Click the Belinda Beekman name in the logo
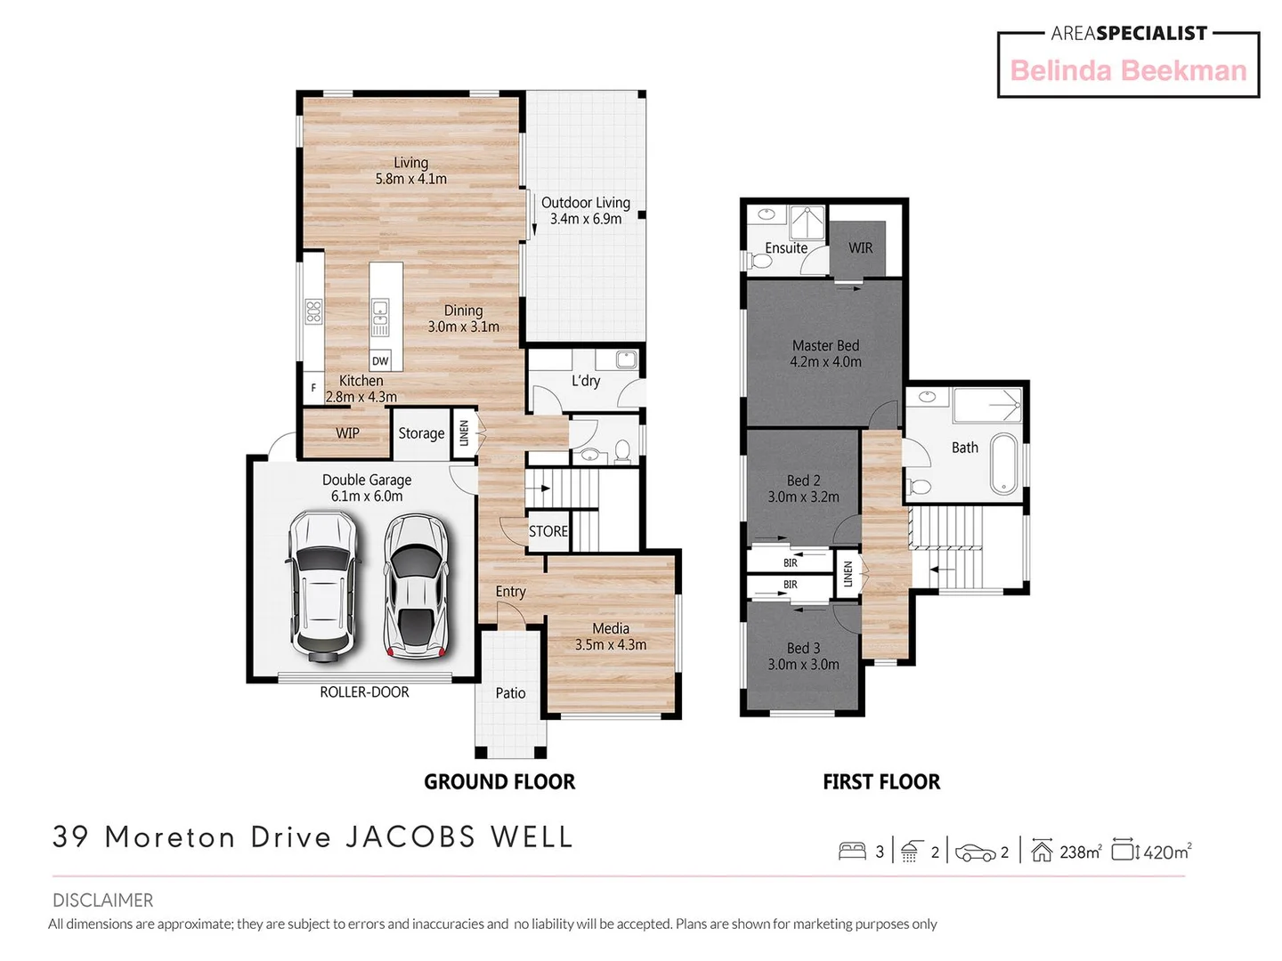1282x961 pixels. point(1128,70)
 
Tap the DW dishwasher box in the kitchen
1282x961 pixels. point(380,360)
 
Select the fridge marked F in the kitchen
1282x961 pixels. point(313,389)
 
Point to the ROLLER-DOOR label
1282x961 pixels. point(364,692)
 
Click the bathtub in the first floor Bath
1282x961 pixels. point(1003,463)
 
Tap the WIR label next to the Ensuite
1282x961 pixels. point(860,248)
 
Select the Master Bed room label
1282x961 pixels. point(825,345)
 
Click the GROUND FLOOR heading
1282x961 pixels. point(499,782)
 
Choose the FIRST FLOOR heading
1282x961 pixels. point(880,782)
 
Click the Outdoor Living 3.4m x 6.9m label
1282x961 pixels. point(586,211)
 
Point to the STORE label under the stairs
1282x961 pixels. point(548,531)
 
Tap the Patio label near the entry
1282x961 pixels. point(510,693)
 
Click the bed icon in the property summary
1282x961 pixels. point(852,852)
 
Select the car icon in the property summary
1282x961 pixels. point(976,852)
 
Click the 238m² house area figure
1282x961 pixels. point(1080,852)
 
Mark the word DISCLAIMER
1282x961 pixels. point(102,900)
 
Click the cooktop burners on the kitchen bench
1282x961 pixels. point(313,311)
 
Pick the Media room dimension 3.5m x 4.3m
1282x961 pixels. point(611,645)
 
